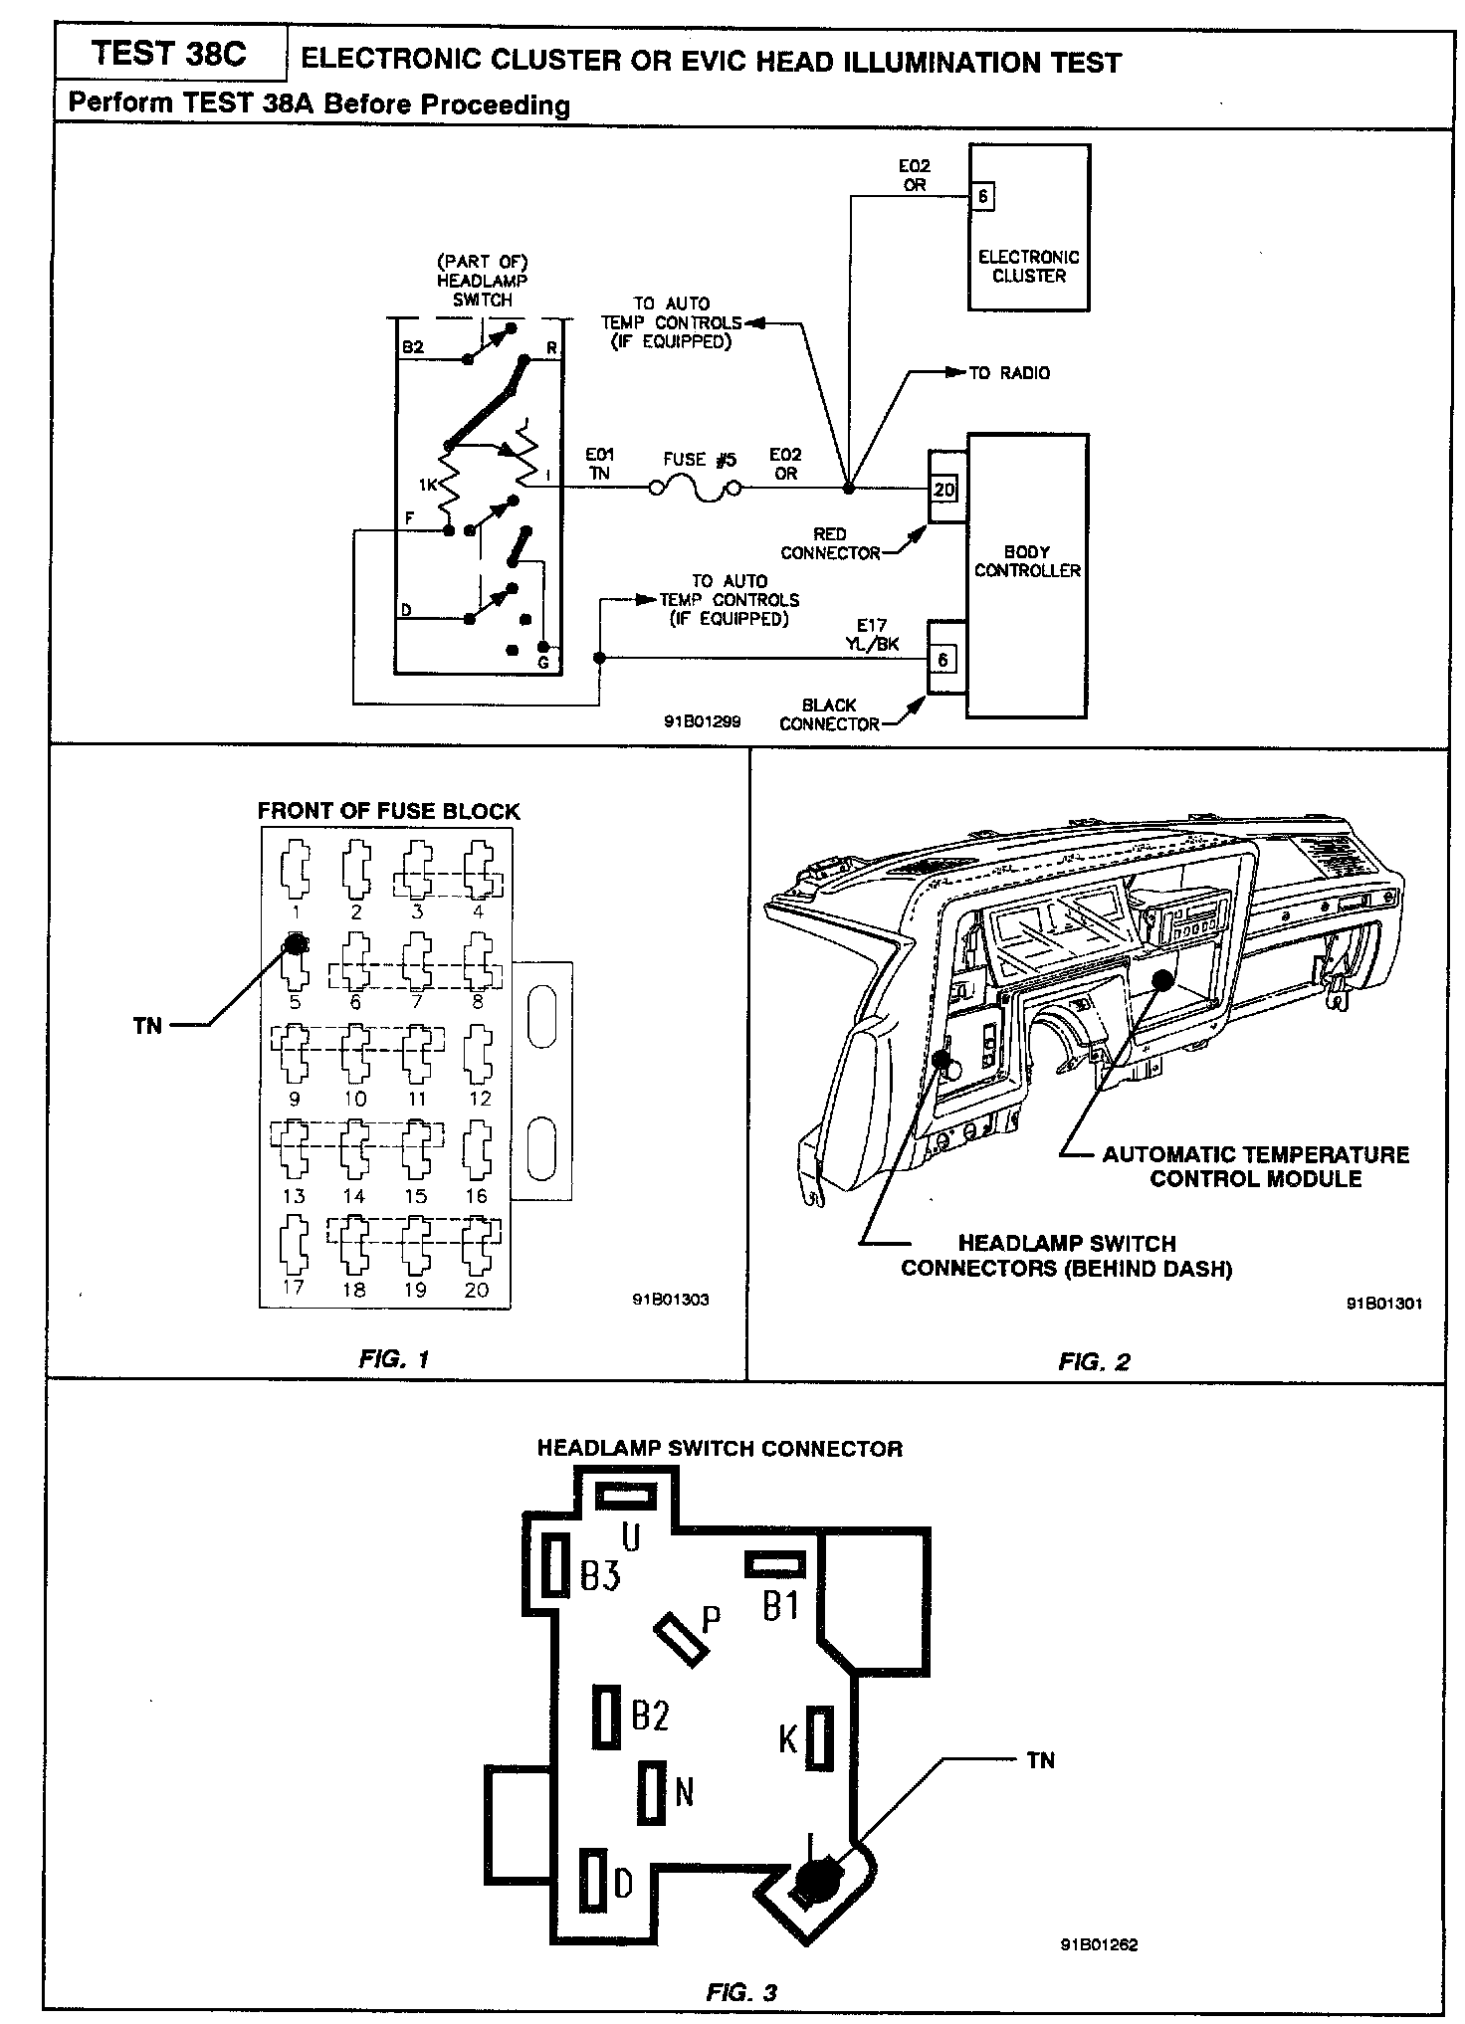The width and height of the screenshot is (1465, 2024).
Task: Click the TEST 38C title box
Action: pyautogui.click(x=168, y=54)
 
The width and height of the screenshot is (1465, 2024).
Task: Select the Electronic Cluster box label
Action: pyautogui.click(x=1028, y=266)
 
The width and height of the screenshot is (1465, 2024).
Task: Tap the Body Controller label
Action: pyautogui.click(x=1027, y=561)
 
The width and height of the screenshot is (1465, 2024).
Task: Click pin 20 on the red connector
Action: pyautogui.click(x=943, y=490)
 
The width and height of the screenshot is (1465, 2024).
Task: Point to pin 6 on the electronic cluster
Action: pyautogui.click(x=982, y=196)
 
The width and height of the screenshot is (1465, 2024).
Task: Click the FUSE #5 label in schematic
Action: pyautogui.click(x=699, y=460)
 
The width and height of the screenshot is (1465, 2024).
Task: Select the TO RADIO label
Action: pyautogui.click(x=1009, y=373)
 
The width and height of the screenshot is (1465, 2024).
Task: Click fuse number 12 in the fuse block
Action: pyautogui.click(x=480, y=1054)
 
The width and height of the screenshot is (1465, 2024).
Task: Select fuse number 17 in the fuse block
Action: pyautogui.click(x=295, y=1243)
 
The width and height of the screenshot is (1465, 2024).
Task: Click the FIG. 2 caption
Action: pyautogui.click(x=1094, y=1362)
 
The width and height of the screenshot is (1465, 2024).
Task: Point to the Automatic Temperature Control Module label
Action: pyautogui.click(x=1255, y=1166)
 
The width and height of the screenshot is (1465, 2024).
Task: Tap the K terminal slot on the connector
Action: pyautogui.click(x=820, y=1736)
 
